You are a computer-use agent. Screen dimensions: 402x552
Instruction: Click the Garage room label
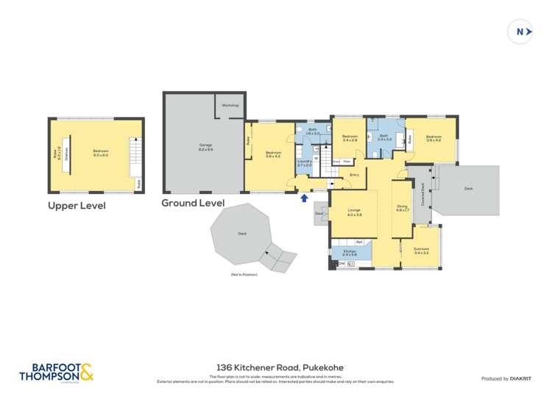[205, 146]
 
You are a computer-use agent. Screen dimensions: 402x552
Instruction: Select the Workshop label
[230, 105]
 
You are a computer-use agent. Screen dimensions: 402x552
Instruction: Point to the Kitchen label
[350, 252]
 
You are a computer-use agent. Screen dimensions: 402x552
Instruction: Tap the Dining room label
[402, 209]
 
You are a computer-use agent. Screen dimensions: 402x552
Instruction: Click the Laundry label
[304, 164]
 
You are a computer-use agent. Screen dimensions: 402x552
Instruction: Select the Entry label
[354, 174]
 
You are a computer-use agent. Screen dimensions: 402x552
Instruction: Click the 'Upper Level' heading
[77, 206]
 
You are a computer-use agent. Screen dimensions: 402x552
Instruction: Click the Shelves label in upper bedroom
[67, 154]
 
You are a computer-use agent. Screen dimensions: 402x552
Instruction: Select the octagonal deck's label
[242, 234]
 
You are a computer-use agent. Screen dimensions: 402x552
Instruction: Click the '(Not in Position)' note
[241, 274]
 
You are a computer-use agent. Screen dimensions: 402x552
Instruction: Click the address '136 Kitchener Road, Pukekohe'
[280, 367]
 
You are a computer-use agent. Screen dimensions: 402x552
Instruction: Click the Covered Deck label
[422, 194]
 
